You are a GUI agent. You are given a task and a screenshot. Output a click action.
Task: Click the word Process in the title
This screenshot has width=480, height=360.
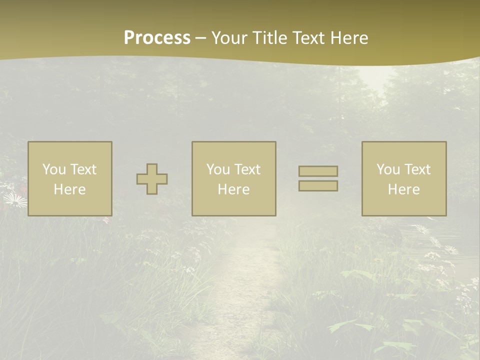tap(157, 38)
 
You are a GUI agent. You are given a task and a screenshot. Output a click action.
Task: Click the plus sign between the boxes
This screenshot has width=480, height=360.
tap(152, 179)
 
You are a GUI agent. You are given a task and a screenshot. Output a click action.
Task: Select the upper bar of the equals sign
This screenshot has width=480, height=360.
tap(318, 171)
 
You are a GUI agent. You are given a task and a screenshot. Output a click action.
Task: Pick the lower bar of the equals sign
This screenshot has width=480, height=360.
tap(318, 186)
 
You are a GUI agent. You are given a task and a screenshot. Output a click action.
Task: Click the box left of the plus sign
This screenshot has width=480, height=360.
tap(70, 178)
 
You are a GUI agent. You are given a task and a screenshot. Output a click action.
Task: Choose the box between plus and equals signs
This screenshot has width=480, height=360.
tap(233, 178)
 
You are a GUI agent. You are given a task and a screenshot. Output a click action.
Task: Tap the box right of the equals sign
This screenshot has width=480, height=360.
tap(404, 178)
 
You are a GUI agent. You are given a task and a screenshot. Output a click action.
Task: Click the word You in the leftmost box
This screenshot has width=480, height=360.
tap(54, 169)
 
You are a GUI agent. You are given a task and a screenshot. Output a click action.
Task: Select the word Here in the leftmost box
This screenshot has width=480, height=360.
tap(69, 189)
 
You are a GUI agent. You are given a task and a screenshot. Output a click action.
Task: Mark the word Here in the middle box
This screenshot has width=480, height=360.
tap(233, 189)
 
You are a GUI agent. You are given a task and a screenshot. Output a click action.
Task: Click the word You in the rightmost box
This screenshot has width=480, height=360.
tap(388, 169)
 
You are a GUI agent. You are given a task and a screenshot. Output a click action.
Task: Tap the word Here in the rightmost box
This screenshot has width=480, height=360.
tap(403, 189)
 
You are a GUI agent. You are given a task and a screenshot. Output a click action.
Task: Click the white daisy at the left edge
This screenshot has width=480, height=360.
tap(14, 201)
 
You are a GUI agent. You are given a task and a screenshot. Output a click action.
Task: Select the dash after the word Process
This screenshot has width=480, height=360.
tap(200, 38)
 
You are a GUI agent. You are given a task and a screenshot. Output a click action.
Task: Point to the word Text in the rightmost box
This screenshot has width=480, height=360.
tap(417, 169)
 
